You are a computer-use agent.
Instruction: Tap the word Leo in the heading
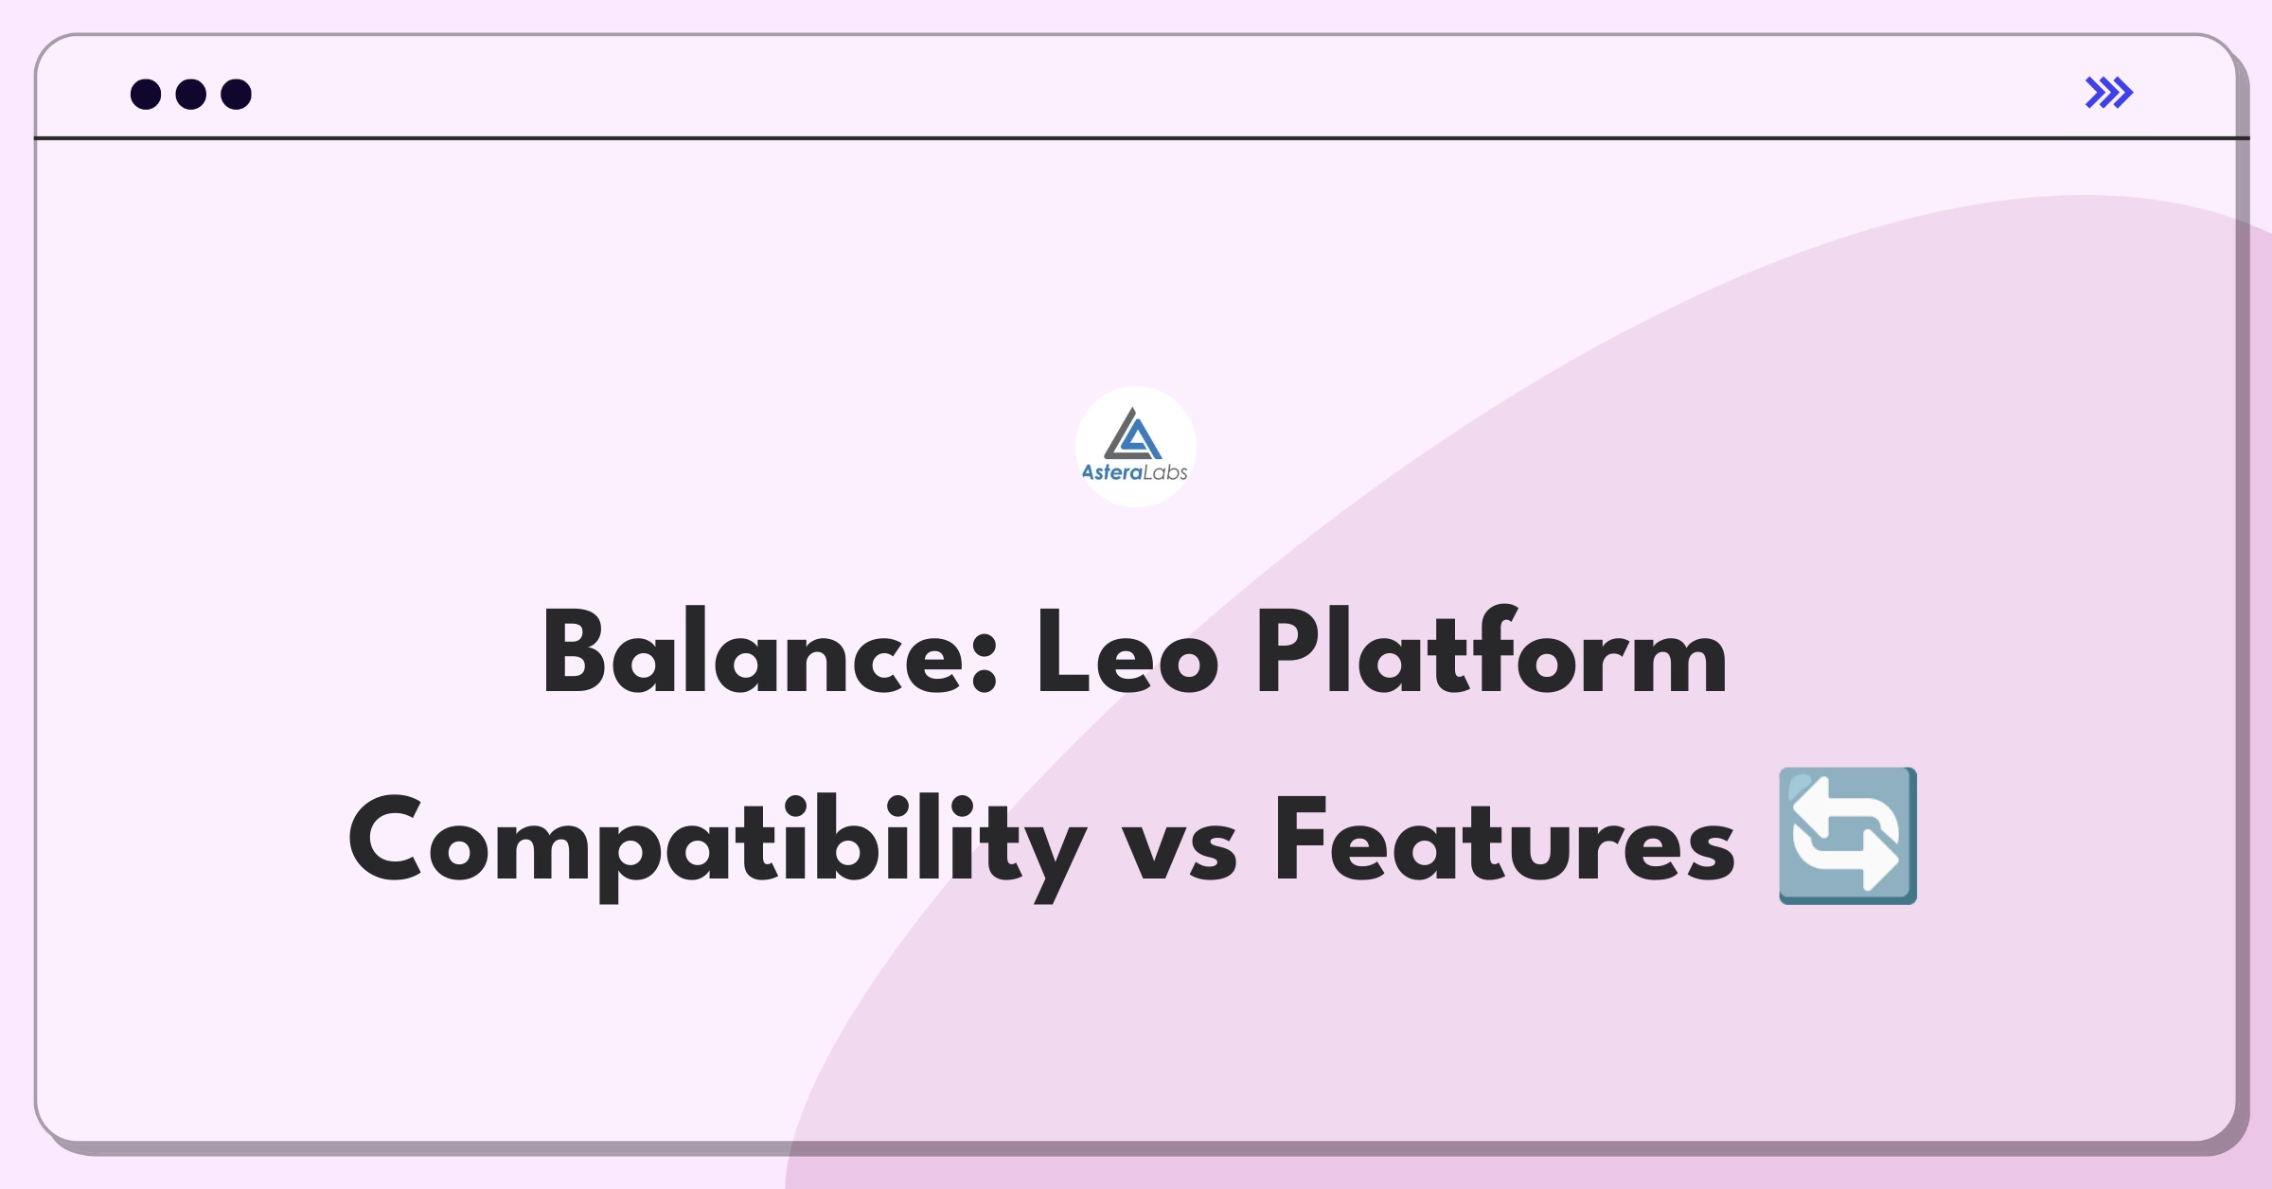pos(1127,652)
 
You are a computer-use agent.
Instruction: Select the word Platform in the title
pos(1492,650)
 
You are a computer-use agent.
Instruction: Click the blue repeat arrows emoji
pos(1847,836)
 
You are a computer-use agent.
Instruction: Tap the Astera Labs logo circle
pos(1136,446)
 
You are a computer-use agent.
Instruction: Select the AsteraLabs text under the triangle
pos(1134,472)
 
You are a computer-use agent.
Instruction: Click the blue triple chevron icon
pos(2109,93)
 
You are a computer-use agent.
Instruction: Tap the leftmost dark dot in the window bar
pos(146,94)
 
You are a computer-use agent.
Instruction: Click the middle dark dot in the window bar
pos(191,94)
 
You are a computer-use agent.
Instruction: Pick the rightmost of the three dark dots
pos(237,94)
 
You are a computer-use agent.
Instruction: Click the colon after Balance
pos(985,665)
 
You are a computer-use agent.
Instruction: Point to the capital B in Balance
pos(576,652)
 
